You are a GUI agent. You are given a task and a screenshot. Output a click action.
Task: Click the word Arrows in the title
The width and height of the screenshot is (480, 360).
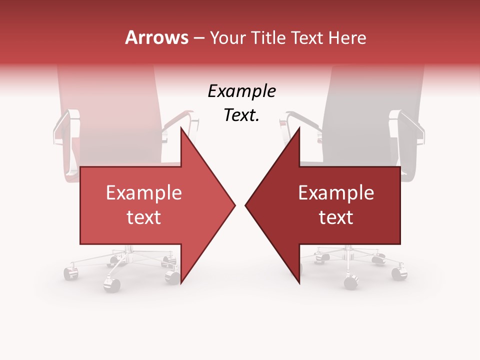(x=157, y=37)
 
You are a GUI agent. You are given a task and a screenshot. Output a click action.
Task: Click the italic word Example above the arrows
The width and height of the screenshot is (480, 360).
(x=241, y=91)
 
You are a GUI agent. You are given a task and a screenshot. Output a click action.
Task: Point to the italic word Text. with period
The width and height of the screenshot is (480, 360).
(x=241, y=115)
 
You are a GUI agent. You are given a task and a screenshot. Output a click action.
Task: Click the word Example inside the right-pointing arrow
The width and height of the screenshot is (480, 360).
(x=144, y=192)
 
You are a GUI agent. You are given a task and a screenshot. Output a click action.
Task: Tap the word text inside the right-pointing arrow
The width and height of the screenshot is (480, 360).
(x=144, y=217)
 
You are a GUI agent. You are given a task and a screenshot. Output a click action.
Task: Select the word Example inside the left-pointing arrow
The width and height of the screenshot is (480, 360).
(x=336, y=192)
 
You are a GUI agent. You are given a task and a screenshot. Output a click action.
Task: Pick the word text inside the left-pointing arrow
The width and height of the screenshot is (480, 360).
(x=336, y=217)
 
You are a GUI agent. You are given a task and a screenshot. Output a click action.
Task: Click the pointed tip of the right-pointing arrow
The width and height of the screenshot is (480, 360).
(x=234, y=205)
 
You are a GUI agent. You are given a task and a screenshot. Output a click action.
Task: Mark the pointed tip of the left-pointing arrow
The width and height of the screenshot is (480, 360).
(x=246, y=205)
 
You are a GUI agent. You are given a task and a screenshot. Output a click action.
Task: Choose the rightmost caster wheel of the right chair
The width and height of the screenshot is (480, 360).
(x=398, y=273)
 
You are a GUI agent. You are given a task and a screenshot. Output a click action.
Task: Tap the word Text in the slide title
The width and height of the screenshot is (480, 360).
(x=307, y=37)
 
